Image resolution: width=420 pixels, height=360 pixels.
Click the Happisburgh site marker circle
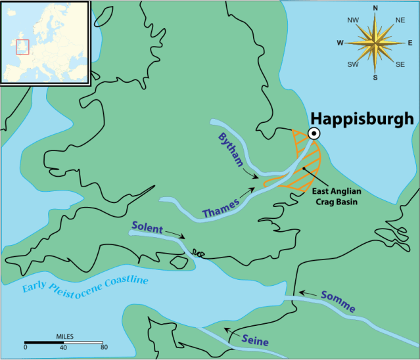(x=314, y=133)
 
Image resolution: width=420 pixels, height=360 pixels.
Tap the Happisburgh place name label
(x=362, y=118)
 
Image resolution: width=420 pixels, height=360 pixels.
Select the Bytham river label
(x=231, y=148)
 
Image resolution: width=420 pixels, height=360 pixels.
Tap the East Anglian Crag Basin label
(x=354, y=196)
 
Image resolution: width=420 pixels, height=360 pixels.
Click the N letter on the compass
(x=375, y=9)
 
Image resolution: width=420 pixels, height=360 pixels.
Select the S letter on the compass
(x=375, y=78)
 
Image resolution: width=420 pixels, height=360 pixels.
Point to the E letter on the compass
(x=410, y=43)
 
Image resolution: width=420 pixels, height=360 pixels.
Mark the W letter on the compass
(x=340, y=43)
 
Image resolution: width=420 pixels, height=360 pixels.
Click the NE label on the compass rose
(x=400, y=20)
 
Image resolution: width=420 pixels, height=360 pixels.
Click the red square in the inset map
(x=22, y=47)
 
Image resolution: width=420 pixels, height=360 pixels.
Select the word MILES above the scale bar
(x=64, y=336)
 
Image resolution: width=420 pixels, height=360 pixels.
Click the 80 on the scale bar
(x=103, y=348)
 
